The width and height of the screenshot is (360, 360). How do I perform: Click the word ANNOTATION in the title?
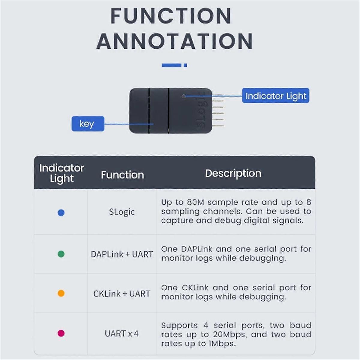(x=175, y=41)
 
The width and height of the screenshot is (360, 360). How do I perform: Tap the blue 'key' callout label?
(x=88, y=124)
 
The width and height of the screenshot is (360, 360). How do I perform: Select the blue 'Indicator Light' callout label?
(x=275, y=96)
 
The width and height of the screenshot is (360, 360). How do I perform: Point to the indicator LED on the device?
(x=184, y=96)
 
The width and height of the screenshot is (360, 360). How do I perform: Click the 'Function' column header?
(x=122, y=175)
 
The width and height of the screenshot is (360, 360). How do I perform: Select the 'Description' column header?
(x=233, y=173)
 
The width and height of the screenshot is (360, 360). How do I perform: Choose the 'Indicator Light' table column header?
(x=61, y=173)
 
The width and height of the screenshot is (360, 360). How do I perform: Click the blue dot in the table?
(x=61, y=213)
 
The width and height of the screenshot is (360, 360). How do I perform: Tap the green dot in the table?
(x=61, y=254)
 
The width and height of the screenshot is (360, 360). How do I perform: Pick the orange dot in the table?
(x=61, y=293)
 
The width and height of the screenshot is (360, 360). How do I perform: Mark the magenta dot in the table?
(x=61, y=333)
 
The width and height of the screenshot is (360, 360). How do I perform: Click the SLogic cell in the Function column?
(x=122, y=212)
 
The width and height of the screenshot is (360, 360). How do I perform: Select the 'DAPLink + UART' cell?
(x=122, y=254)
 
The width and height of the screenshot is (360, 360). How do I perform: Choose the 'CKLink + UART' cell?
(x=122, y=294)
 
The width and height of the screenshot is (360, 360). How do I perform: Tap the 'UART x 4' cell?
(x=122, y=334)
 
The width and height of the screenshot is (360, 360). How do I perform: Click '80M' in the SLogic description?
(x=195, y=202)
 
